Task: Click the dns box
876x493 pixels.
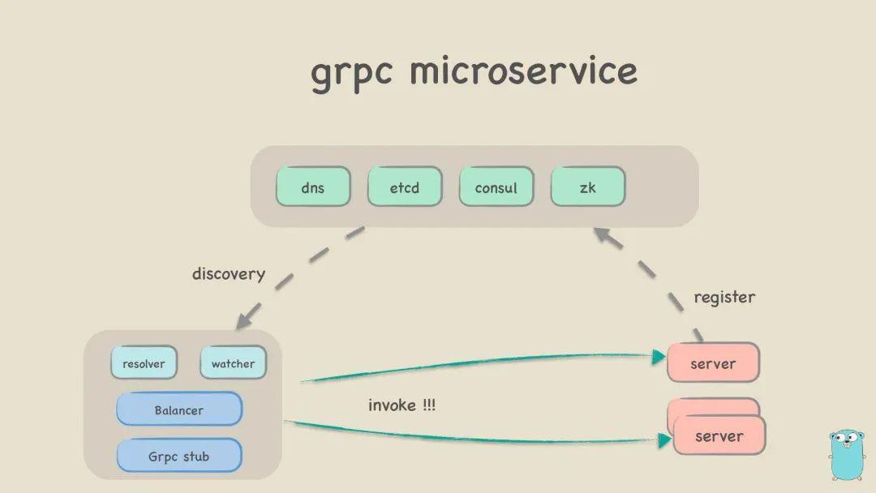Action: (313, 187)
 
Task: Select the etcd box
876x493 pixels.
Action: (405, 187)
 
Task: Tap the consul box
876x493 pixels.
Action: (496, 187)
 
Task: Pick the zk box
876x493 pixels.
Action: (588, 187)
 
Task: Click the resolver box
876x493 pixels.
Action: (144, 362)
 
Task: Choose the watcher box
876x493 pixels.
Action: (233, 362)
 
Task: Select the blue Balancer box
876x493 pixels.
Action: (179, 409)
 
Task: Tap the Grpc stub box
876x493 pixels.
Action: (179, 456)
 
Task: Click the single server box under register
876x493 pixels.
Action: (713, 363)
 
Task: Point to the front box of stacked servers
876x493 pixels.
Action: (719, 436)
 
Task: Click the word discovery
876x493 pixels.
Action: (229, 274)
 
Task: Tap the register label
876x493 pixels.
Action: (724, 298)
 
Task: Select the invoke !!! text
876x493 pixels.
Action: (401, 405)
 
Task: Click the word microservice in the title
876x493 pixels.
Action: (523, 71)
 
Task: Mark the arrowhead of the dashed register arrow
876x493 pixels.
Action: (601, 234)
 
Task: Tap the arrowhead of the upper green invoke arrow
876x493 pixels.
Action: (659, 355)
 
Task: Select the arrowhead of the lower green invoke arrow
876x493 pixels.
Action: (664, 440)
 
